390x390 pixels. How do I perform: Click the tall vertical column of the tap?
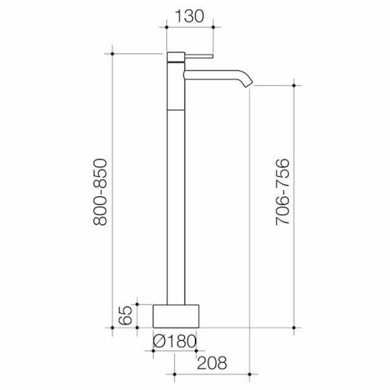[x=175, y=195]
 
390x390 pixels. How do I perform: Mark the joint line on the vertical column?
[x=175, y=107]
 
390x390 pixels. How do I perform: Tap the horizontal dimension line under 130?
[x=190, y=25]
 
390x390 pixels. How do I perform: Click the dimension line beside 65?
[x=138, y=315]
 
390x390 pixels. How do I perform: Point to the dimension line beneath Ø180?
[x=175, y=352]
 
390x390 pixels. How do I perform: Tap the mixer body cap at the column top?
[x=175, y=58]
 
